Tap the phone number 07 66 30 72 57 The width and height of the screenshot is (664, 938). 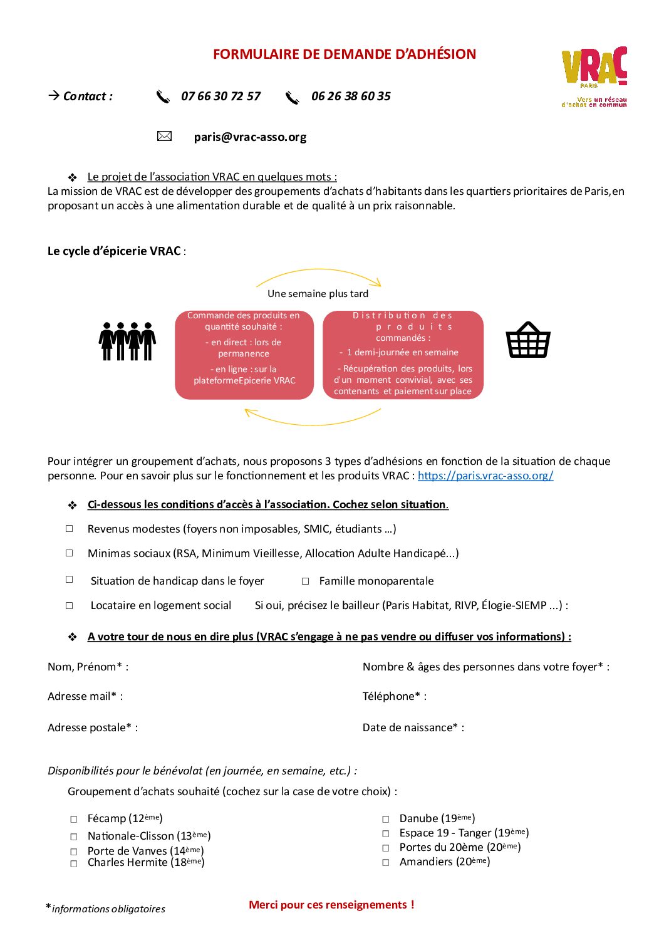pos(220,96)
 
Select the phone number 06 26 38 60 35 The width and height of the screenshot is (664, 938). pos(351,96)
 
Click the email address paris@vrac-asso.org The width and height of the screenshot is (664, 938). pos(250,137)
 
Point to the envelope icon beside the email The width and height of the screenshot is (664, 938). pos(164,136)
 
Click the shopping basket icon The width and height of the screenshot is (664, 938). pos(528,340)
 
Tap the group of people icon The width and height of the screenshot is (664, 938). pos(127,341)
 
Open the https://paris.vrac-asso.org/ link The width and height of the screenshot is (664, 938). pos(485,476)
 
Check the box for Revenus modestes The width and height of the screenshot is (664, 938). pos(70,529)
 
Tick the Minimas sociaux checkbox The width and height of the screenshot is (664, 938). pos(70,553)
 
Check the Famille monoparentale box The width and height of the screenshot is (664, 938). pos(306,581)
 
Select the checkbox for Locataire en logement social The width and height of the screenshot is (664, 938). pos(70,606)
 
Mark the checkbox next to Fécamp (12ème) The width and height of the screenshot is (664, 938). pos(74,819)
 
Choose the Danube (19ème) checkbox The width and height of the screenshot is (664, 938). pos(386,819)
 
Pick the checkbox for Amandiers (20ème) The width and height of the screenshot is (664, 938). pos(386,863)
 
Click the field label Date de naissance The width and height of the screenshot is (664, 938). pos(413,727)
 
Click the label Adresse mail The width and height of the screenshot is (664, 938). pos(85,696)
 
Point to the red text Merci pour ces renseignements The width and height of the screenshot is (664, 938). pos(331,905)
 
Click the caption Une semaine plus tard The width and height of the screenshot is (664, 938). pos(318,294)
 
